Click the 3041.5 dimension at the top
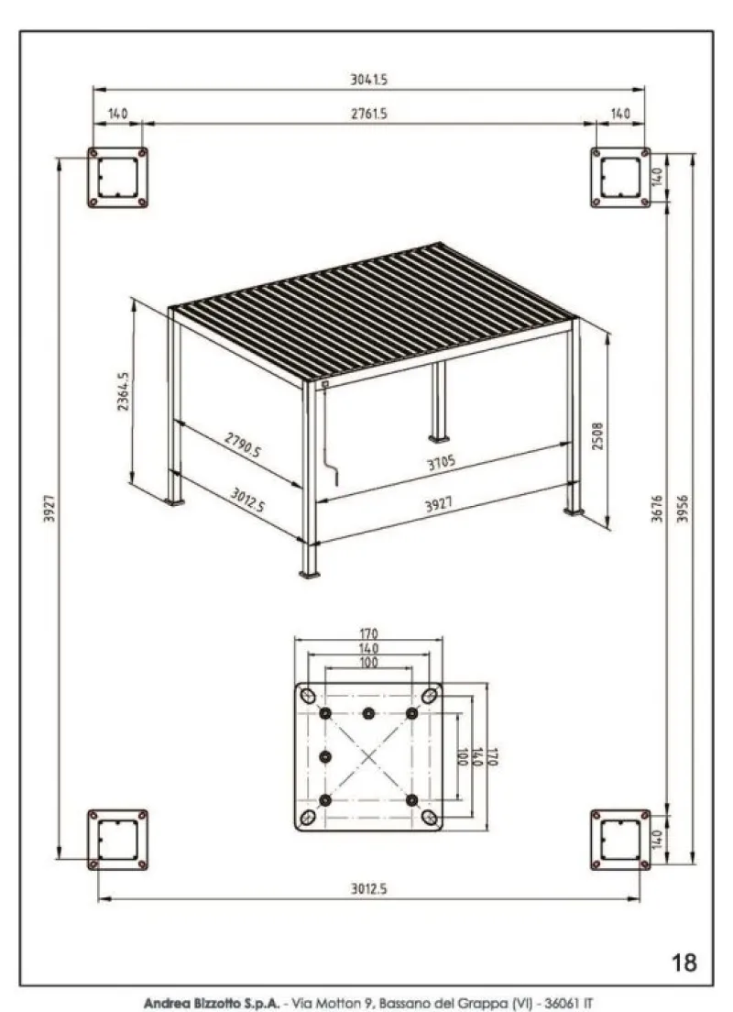(x=368, y=80)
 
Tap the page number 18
(x=684, y=962)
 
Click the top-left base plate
(x=117, y=177)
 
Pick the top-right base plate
(x=620, y=177)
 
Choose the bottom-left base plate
(x=117, y=839)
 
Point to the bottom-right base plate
(x=620, y=839)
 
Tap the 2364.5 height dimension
(x=123, y=391)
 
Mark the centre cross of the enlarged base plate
(x=368, y=757)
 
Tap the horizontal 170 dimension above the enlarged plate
(x=368, y=633)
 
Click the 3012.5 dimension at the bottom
(x=368, y=887)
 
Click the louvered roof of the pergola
(x=371, y=307)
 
